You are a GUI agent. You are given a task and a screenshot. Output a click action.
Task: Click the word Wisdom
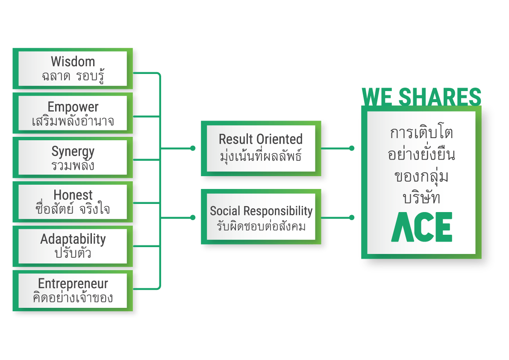73,62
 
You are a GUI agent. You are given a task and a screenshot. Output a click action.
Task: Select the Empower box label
73,107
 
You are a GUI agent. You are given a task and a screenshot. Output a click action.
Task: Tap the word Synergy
73,151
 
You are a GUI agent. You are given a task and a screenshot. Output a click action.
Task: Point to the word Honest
73,195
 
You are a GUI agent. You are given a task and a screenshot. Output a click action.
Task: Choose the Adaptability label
73,239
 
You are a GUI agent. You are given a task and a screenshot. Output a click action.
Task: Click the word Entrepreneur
73,283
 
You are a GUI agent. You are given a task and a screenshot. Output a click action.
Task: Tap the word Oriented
280,139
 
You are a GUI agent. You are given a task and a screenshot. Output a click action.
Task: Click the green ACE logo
422,227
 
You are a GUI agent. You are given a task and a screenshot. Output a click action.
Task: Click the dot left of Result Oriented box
193,148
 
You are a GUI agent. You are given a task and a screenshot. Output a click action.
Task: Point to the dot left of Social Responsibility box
193,218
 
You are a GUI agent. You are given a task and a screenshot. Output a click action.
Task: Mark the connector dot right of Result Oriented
352,148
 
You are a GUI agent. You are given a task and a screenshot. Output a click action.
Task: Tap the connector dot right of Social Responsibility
352,218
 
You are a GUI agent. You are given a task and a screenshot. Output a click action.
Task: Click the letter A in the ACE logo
402,227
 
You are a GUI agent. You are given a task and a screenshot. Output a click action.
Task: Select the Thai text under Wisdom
73,77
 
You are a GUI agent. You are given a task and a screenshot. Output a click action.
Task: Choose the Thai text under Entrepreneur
73,298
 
